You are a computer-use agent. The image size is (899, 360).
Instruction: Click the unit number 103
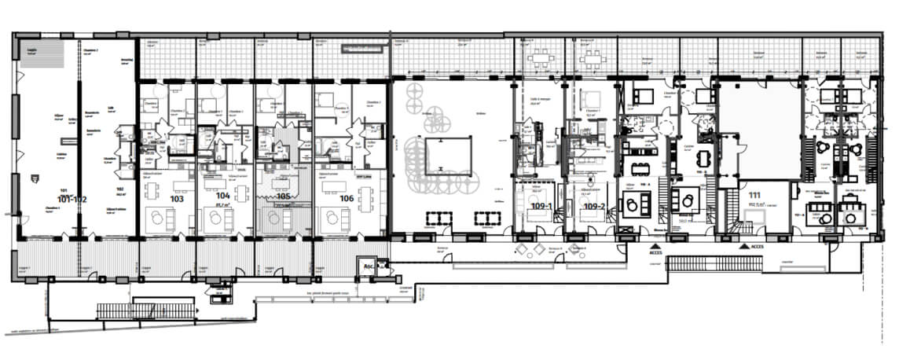click(x=176, y=200)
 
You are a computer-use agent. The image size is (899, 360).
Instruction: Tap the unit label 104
click(x=222, y=195)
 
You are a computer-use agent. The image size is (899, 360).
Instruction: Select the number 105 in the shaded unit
click(x=284, y=197)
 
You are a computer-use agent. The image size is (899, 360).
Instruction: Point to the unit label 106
click(x=346, y=199)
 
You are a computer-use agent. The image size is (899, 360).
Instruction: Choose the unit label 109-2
click(x=594, y=206)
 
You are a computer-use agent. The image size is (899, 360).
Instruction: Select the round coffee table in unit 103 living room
click(x=157, y=221)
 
